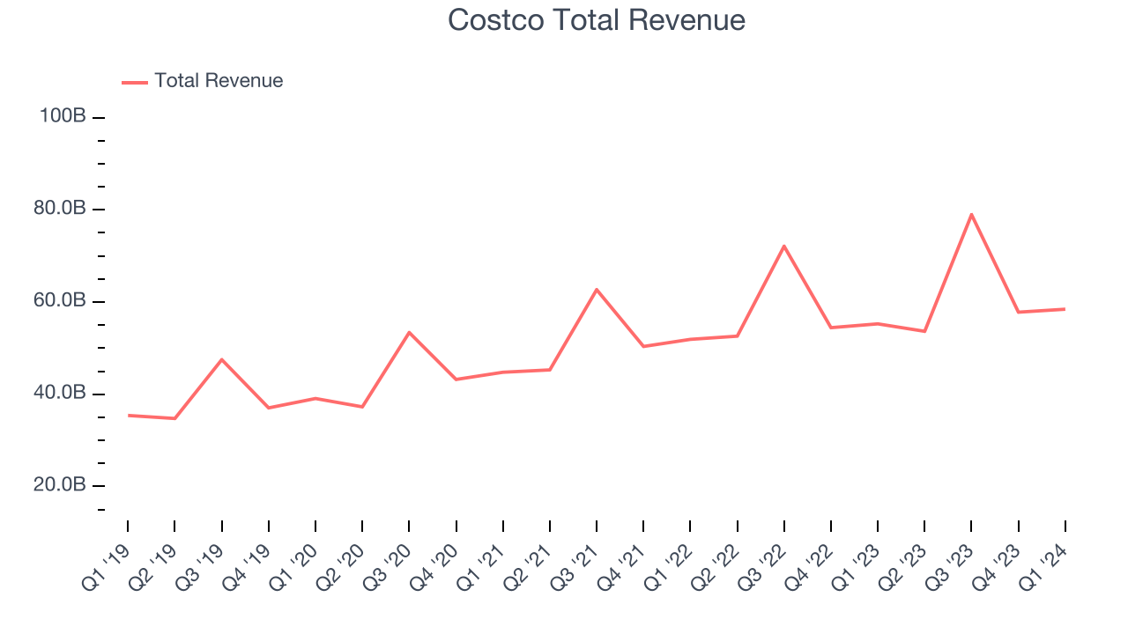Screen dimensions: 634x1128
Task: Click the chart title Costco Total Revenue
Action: click(x=597, y=20)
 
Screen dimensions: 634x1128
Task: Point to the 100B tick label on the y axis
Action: click(x=62, y=116)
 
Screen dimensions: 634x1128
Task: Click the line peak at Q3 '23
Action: click(x=971, y=214)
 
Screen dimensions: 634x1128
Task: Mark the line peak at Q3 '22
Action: click(x=783, y=246)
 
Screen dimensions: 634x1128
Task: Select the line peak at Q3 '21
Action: click(x=597, y=289)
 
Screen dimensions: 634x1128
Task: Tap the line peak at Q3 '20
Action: click(x=409, y=332)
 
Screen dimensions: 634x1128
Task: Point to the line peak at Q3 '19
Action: click(x=221, y=359)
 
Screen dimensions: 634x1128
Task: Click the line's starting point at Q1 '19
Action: click(x=128, y=415)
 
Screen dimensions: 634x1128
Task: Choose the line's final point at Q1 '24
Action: click(x=1065, y=309)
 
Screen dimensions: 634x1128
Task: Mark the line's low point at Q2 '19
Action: click(x=174, y=418)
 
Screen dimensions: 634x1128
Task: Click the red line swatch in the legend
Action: click(x=135, y=82)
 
